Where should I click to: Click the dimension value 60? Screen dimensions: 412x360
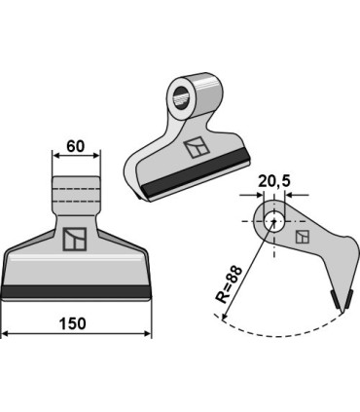[x=75, y=148]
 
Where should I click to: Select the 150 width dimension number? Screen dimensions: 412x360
[x=75, y=322]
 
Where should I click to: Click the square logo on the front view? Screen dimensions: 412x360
[x=75, y=240]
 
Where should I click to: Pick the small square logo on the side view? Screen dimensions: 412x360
[x=304, y=238]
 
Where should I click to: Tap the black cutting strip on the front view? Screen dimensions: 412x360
[x=76, y=290]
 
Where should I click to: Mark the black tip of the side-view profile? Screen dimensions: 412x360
[x=340, y=298]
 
